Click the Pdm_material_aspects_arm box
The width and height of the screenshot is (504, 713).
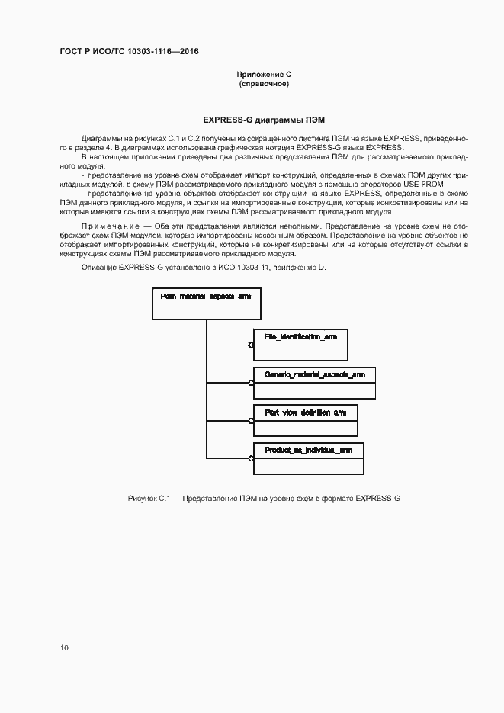tap(207, 304)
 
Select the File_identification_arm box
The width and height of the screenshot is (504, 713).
tap(300, 344)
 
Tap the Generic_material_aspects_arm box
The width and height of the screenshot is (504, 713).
tap(314, 382)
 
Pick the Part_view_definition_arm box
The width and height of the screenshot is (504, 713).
tap(305, 420)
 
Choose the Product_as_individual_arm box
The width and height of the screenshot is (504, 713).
tap(308, 458)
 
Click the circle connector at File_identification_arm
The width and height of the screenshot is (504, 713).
tap(251, 345)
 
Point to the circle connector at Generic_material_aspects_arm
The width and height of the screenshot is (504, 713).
tap(251, 383)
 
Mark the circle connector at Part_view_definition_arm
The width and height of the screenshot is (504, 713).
tap(251, 420)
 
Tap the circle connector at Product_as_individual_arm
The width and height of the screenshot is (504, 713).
tap(251, 458)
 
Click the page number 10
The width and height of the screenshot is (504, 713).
tap(64, 647)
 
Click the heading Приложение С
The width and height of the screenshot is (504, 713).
tap(264, 74)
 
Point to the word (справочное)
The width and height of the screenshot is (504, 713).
tap(264, 83)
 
